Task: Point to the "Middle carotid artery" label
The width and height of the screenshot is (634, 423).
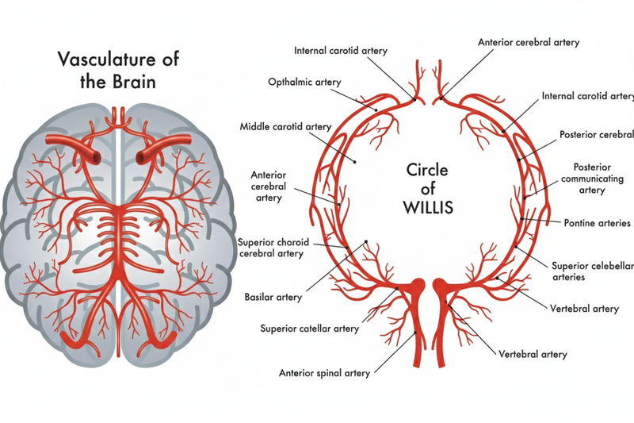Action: (x=285, y=126)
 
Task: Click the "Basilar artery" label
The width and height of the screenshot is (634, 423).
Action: (x=273, y=298)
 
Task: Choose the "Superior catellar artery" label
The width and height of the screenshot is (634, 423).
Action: (x=310, y=328)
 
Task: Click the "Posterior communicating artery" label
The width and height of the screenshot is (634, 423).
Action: (x=601, y=179)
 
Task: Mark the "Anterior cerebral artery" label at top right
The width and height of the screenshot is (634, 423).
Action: (x=529, y=41)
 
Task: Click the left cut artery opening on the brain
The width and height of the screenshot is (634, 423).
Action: (x=96, y=157)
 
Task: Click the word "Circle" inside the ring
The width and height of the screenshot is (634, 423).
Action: (x=427, y=170)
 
